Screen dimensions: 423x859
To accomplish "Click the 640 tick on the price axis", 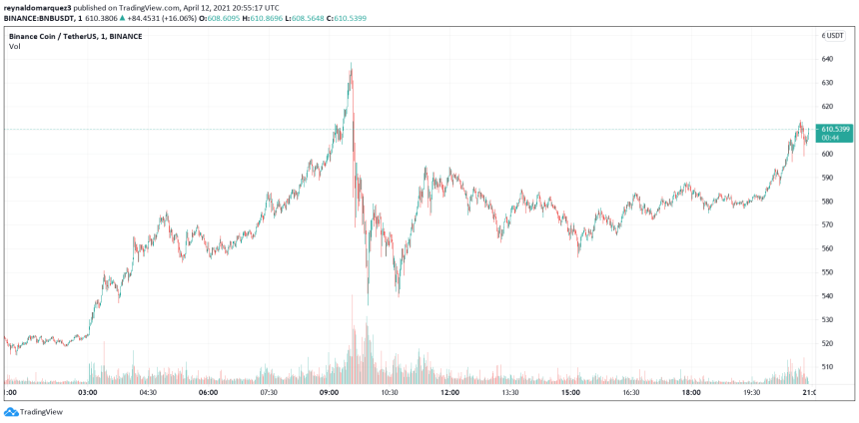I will [827, 58].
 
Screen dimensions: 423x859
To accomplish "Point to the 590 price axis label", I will [827, 178].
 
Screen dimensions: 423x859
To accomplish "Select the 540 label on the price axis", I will [827, 295].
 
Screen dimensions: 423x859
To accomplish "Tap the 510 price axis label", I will [827, 366].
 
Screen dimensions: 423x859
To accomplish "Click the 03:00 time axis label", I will [87, 393].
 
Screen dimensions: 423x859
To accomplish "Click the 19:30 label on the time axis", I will [751, 393].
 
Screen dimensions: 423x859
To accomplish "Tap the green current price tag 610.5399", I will [835, 130].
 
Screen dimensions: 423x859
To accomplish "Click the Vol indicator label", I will [14, 47].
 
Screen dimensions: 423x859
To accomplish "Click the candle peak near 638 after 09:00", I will [351, 65].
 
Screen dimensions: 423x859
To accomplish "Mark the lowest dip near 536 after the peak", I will [368, 303].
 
